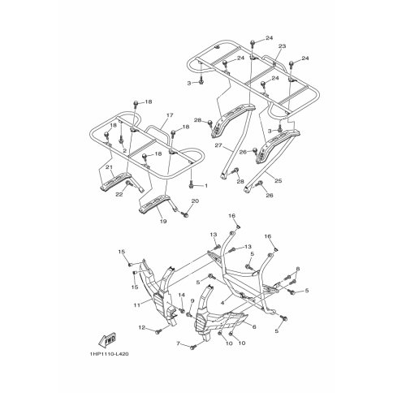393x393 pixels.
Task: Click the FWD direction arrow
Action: click(107, 340)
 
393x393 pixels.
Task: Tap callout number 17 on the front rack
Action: click(170, 115)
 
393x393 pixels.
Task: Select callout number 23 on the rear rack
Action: click(282, 46)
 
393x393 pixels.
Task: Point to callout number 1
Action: click(206, 186)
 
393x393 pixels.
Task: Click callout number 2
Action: click(124, 150)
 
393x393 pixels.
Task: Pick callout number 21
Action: click(109, 167)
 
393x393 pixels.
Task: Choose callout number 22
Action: click(119, 194)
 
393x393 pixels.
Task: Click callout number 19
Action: click(163, 222)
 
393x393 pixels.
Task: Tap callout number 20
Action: click(195, 201)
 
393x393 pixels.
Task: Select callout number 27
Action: click(218, 145)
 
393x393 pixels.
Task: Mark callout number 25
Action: click(278, 180)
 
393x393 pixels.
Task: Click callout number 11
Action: click(137, 305)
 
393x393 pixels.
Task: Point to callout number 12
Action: click(142, 328)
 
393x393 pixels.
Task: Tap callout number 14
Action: click(181, 295)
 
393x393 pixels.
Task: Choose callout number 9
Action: click(192, 300)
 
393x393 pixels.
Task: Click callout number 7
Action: click(178, 343)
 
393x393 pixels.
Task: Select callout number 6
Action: click(254, 327)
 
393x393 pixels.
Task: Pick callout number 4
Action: click(222, 303)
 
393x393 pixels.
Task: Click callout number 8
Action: click(298, 269)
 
